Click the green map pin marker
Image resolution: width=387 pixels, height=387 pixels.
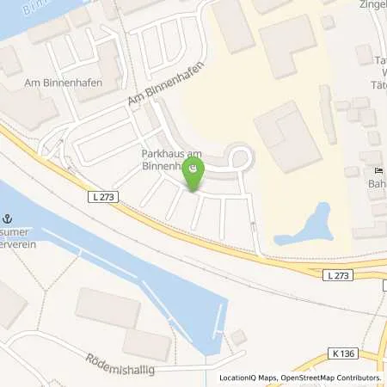[x=193, y=175]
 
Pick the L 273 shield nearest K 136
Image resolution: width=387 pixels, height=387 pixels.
[x=339, y=276]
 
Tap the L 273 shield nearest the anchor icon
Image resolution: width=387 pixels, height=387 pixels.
[x=101, y=198]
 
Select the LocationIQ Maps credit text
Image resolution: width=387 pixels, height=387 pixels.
[x=247, y=378]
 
